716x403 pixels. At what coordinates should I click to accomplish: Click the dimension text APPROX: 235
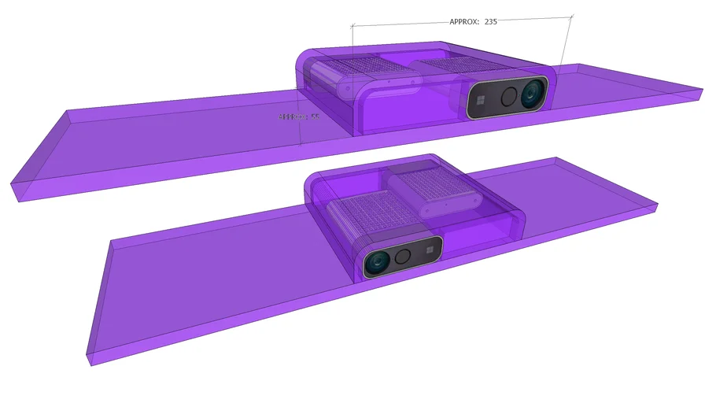pyautogui.click(x=473, y=22)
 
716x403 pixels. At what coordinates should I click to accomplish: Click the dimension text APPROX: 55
pyautogui.click(x=299, y=116)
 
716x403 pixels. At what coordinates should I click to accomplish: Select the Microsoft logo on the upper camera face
pyautogui.click(x=480, y=101)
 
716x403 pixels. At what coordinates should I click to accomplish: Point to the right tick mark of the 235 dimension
pyautogui.click(x=571, y=16)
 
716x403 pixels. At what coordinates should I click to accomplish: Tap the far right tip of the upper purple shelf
pyautogui.click(x=701, y=93)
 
